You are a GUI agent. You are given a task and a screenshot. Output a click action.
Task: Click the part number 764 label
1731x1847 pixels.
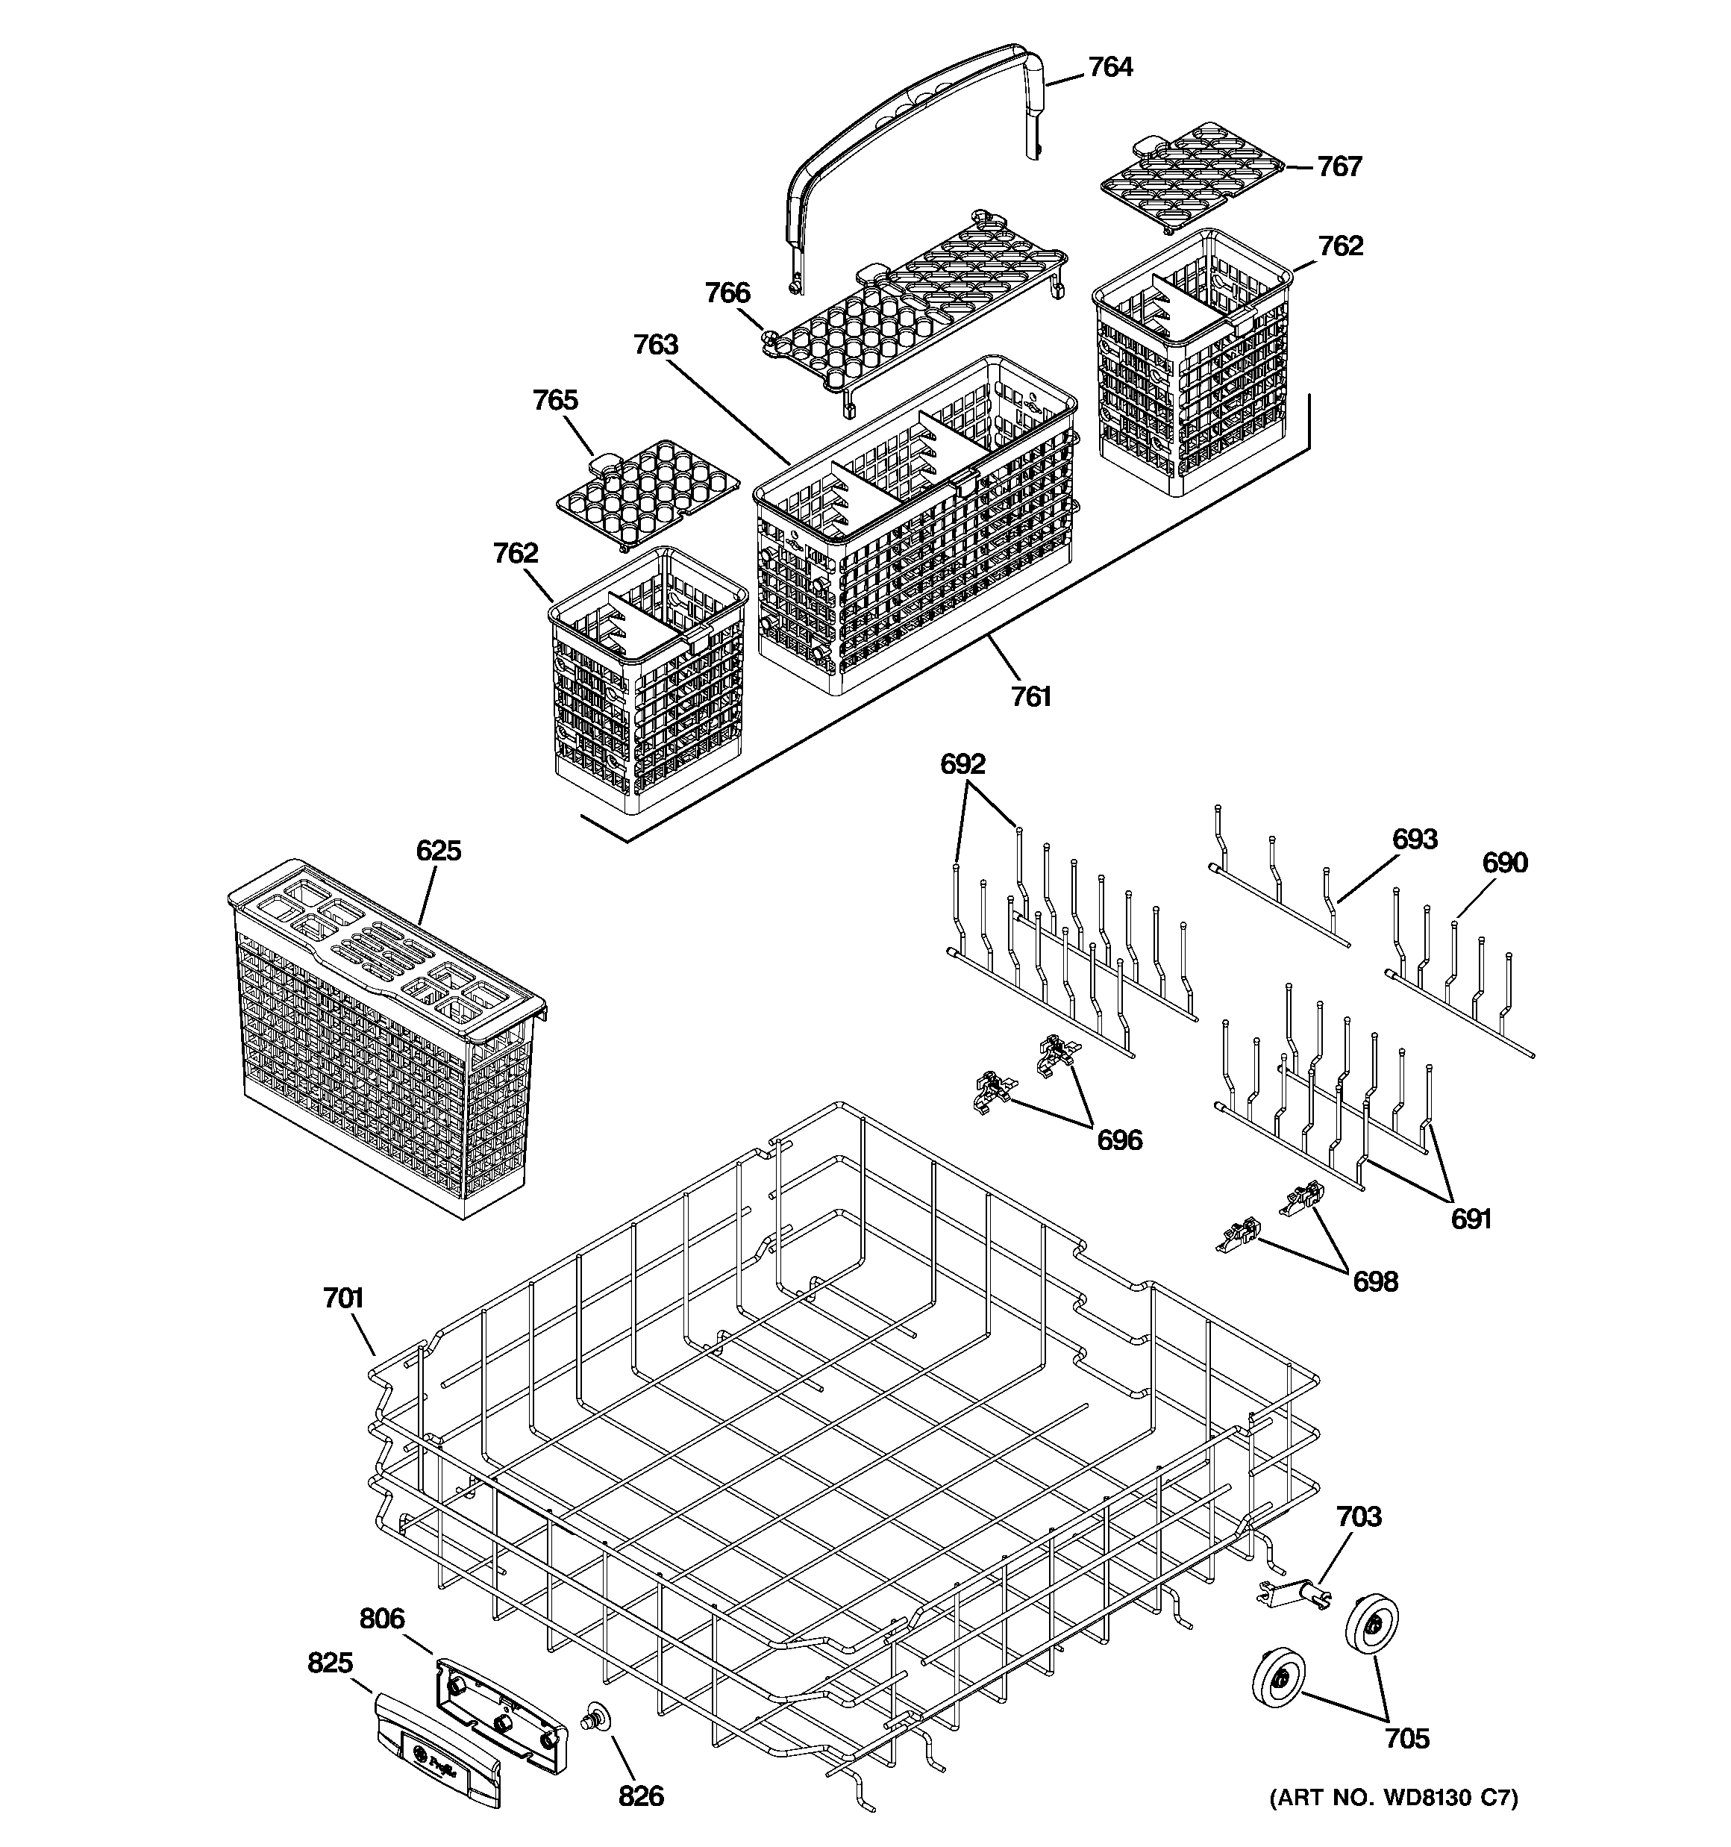[x=1110, y=68]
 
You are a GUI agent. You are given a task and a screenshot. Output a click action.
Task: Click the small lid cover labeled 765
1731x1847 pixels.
[x=648, y=493]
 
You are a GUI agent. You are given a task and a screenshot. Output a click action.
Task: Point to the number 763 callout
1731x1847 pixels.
[x=656, y=346]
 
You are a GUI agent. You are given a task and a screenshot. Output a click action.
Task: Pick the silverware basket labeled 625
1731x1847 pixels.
[x=386, y=1040]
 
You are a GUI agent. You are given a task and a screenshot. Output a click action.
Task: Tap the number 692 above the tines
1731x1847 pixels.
[x=962, y=765]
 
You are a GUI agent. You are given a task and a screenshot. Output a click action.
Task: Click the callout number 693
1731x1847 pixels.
[x=1414, y=840]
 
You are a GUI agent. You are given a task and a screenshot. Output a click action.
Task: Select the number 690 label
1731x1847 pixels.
[x=1504, y=863]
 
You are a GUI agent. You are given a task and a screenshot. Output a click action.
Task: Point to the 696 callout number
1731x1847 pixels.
[x=1120, y=1140]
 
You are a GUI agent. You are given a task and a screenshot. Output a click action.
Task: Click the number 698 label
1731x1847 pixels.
[x=1375, y=1282]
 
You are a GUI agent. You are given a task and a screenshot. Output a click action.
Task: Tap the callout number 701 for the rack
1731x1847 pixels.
[x=343, y=1298]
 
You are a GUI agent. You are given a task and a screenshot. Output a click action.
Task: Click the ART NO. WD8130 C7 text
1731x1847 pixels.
[x=1393, y=1824]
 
